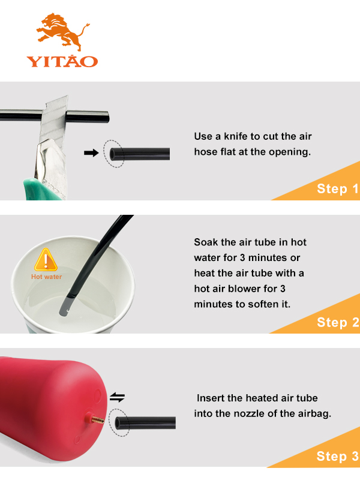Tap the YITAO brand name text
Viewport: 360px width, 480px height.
[62, 61]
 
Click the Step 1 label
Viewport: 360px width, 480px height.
[337, 189]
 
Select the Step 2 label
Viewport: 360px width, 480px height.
[338, 322]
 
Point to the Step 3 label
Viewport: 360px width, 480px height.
[337, 456]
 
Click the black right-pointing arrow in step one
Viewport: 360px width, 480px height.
[91, 152]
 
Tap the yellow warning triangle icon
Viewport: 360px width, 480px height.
[46, 260]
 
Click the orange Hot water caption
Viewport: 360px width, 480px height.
[47, 277]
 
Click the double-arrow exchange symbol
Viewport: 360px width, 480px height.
[117, 397]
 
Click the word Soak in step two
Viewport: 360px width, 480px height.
[206, 242]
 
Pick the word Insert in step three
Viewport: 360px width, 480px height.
[211, 398]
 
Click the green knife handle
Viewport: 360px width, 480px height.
[43, 190]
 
